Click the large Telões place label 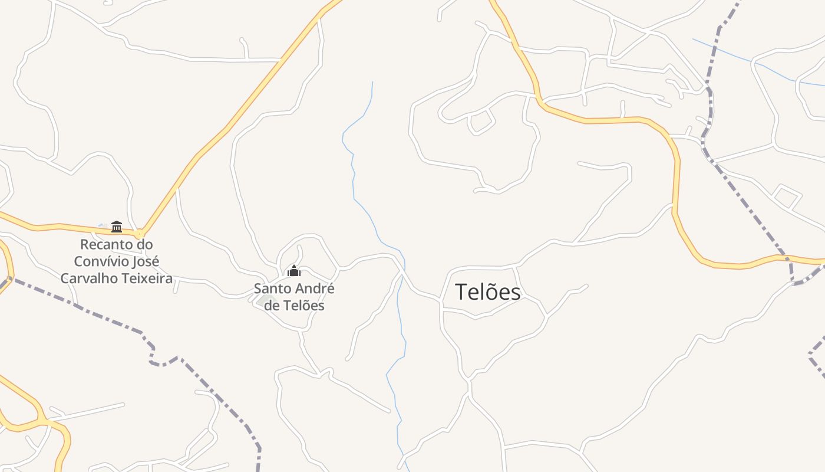pyautogui.click(x=488, y=292)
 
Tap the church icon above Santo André pyautogui.click(x=293, y=271)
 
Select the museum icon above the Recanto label pyautogui.click(x=117, y=227)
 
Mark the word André pyautogui.click(x=312, y=289)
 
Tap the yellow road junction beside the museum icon pyautogui.click(x=140, y=234)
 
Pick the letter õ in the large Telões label pyautogui.click(x=489, y=292)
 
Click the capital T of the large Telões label pyautogui.click(x=461, y=292)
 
